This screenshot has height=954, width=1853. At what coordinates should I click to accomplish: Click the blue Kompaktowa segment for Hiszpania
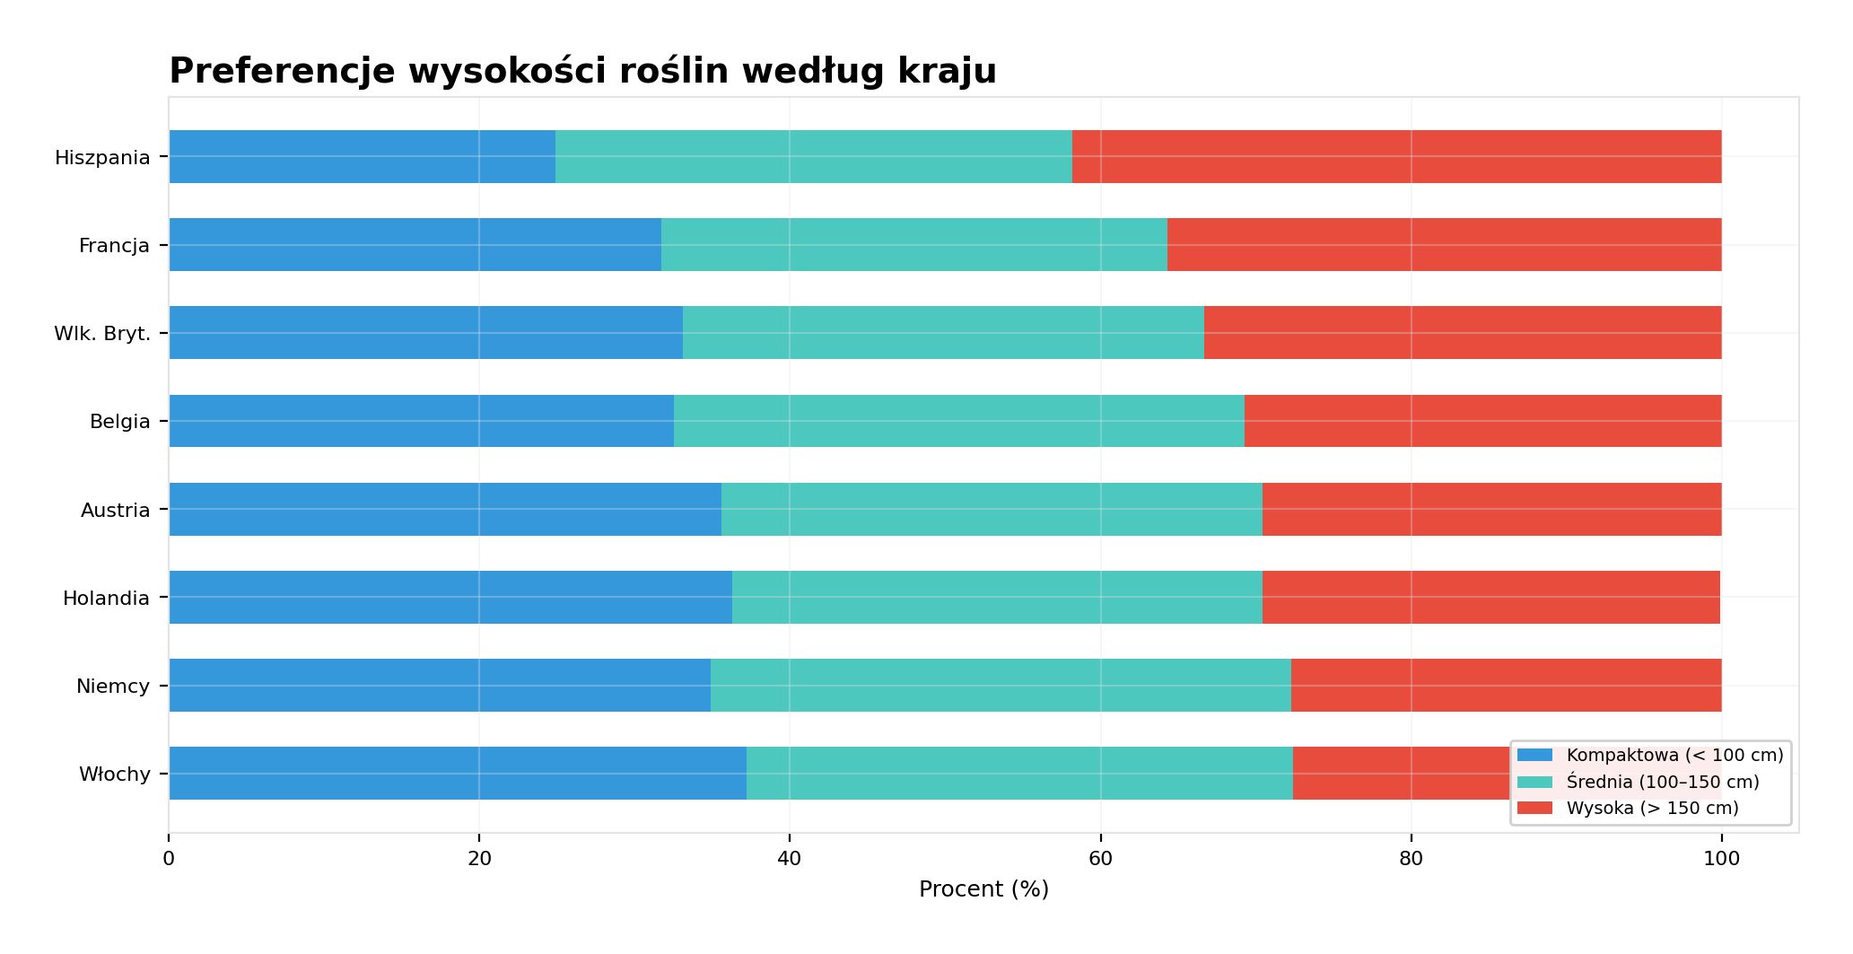point(362,157)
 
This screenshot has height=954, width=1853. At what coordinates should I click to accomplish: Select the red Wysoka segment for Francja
point(1444,245)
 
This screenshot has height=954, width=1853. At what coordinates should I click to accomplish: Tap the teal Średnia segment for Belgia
point(958,421)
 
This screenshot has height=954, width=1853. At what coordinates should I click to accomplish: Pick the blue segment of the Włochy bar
point(458,774)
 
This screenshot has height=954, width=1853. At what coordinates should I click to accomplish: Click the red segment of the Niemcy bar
point(1506,686)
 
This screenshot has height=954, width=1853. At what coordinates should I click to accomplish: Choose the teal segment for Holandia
point(997,598)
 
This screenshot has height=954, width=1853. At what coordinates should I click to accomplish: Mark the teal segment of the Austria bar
point(992,510)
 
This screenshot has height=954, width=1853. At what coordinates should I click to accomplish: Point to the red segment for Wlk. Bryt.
point(1463,333)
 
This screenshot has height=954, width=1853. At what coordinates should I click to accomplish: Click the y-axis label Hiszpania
point(102,158)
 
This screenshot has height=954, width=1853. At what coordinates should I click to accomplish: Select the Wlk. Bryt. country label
point(102,334)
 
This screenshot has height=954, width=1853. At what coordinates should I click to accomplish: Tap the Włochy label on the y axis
point(114,775)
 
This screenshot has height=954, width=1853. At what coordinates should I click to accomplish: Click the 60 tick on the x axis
point(1100,859)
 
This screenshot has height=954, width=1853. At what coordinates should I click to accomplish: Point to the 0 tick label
point(169,859)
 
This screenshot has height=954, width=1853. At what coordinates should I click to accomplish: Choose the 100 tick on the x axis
point(1721,859)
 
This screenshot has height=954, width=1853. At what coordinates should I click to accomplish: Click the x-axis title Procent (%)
point(983,889)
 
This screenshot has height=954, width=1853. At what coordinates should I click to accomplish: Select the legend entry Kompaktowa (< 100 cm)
point(1674,756)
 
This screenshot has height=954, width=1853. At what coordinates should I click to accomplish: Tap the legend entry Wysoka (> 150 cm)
point(1652,809)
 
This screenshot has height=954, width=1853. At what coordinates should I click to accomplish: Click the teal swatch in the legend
point(1534,782)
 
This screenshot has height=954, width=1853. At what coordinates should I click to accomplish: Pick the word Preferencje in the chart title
point(282,71)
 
